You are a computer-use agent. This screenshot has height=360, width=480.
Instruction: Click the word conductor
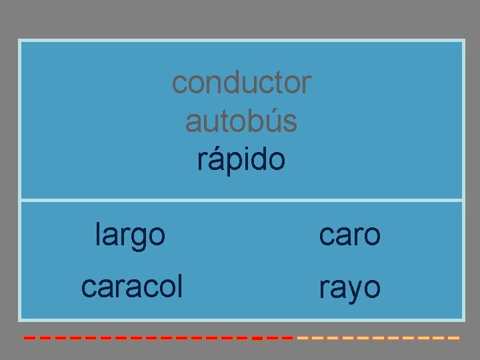coord(241,83)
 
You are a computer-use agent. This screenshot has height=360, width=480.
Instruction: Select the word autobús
coord(241,121)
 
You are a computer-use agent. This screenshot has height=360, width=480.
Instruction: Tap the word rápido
coord(241,160)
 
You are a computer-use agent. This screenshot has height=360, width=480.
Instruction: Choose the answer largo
coord(130,235)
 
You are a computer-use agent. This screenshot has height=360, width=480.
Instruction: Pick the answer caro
coord(349,235)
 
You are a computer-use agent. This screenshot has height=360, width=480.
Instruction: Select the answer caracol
coord(131,286)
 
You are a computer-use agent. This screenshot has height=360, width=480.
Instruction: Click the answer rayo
coord(349,288)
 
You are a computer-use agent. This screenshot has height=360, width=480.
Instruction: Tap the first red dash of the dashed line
coord(29,338)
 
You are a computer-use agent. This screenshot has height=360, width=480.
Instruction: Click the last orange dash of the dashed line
coord(454,338)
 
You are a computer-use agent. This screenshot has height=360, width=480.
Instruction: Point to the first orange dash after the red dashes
coord(302,338)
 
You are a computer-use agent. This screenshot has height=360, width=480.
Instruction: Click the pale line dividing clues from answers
coord(241,199)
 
